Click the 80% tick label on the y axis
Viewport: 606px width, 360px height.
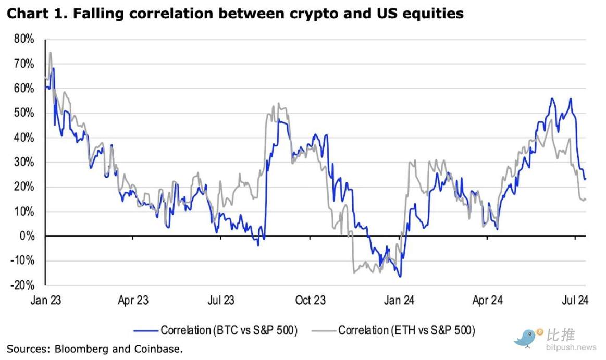tap(24, 39)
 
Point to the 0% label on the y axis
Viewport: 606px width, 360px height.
tap(28, 236)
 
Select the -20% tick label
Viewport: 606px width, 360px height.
tap(23, 285)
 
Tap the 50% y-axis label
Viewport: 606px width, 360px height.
tap(24, 113)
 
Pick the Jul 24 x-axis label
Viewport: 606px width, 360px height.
tap(575, 301)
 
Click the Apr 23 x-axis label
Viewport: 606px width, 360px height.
tap(133, 301)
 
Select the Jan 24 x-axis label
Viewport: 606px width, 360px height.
tap(399, 301)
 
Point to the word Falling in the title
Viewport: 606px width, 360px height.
tap(97, 14)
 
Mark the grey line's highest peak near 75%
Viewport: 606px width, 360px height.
tap(50, 52)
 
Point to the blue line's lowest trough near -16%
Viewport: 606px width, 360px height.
tap(400, 277)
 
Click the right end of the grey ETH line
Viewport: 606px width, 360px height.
tap(586, 200)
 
